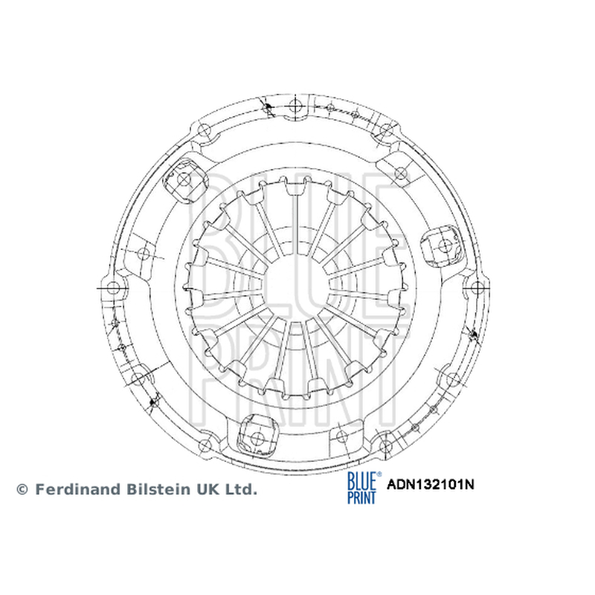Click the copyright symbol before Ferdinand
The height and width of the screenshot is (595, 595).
coord(22,489)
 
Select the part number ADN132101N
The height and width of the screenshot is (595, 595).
coord(431,485)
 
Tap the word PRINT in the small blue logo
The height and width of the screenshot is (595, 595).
coord(361,497)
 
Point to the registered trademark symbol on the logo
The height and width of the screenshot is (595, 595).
coord(379,475)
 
